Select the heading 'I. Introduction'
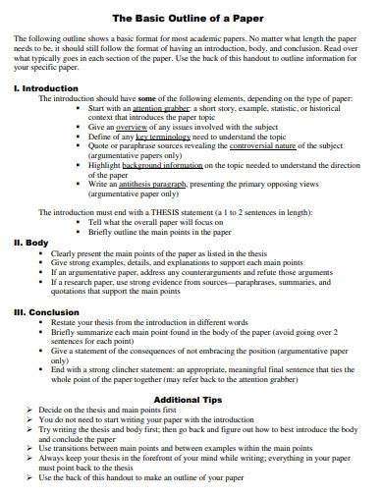click(42, 87)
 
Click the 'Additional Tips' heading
click(189, 400)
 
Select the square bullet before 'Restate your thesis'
click(41, 323)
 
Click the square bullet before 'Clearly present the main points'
click(41, 253)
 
